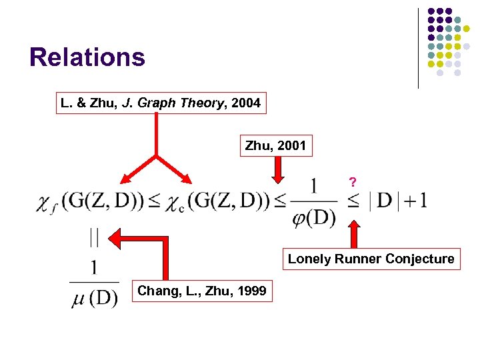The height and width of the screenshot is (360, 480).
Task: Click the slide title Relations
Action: coord(87,57)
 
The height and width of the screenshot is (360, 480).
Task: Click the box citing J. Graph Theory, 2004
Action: coord(161,103)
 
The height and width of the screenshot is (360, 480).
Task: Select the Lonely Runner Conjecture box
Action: coord(371,259)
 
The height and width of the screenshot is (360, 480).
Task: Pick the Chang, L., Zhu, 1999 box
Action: coord(201,291)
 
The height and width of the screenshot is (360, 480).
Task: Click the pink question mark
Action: coord(353,181)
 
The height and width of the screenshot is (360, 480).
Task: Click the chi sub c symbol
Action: coord(174,202)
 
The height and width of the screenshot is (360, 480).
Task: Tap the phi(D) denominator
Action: coord(314,217)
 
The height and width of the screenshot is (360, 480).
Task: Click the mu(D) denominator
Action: coord(94,298)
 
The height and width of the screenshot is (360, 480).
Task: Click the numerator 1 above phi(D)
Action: coord(314,185)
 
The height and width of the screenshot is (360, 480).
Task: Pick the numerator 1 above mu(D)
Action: coord(94,267)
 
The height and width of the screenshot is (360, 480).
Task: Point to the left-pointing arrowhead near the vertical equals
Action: coord(117,237)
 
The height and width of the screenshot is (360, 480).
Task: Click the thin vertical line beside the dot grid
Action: coord(418,47)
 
